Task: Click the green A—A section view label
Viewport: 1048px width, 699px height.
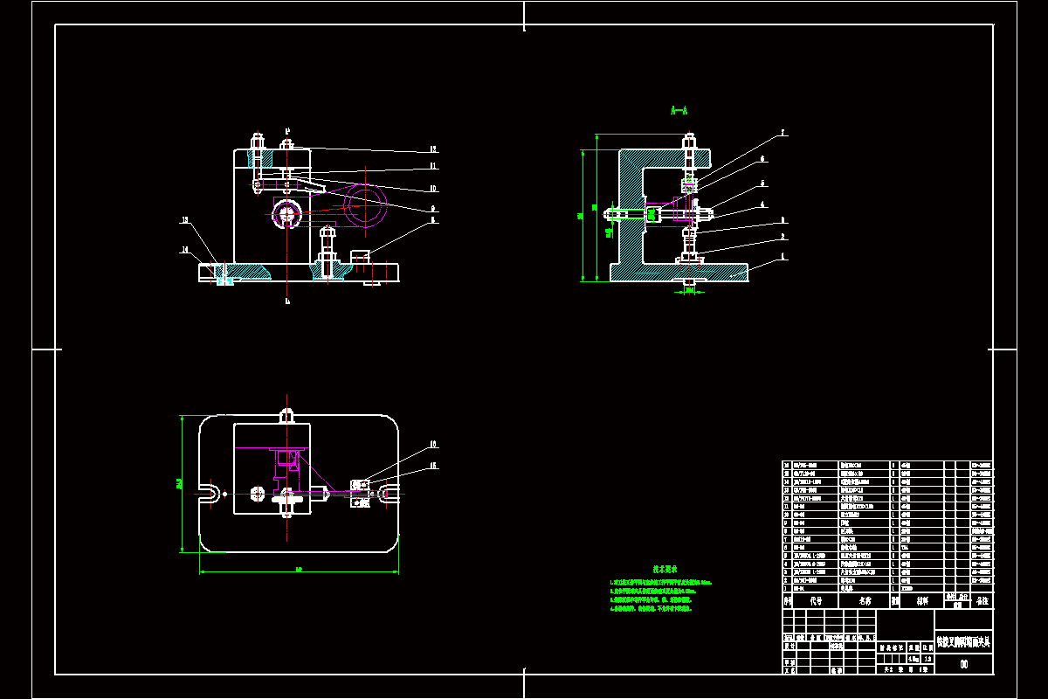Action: [679, 111]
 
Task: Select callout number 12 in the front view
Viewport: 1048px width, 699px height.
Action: [432, 149]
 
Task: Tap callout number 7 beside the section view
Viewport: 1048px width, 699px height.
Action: [783, 134]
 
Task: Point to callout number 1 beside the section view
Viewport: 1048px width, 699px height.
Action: [783, 257]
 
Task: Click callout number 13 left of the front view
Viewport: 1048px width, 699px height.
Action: [185, 220]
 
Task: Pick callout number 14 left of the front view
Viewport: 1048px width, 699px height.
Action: [185, 251]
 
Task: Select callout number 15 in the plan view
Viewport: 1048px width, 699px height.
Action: [432, 466]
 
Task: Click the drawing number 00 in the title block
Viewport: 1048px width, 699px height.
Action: [963, 664]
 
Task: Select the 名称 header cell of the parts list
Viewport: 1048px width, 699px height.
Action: [865, 601]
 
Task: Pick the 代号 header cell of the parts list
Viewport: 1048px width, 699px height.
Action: [816, 601]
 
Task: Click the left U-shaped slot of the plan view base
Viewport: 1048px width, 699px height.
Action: [210, 494]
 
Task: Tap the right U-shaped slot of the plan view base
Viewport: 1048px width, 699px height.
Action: [390, 494]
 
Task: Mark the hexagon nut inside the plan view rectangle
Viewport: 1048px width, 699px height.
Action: [257, 494]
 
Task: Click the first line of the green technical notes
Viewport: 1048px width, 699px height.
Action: [660, 582]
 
